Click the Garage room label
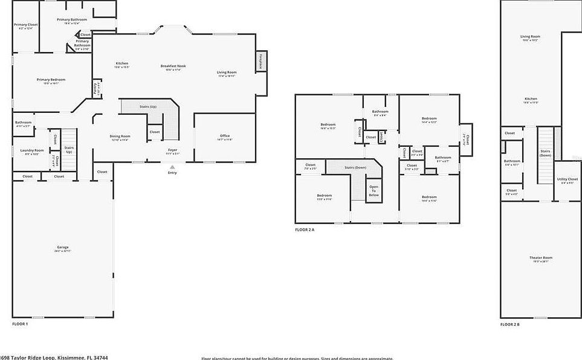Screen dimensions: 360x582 [x=63, y=248]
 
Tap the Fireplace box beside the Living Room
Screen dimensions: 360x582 [x=261, y=63]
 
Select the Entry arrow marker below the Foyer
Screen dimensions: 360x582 [x=173, y=167]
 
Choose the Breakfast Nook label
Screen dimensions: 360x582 [x=173, y=66]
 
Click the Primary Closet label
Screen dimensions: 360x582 [x=25, y=25]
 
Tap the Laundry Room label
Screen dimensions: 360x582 [x=31, y=150]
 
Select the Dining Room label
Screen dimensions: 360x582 [x=120, y=137]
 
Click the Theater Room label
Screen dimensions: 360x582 [x=540, y=259]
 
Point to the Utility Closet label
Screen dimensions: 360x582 [x=567, y=180]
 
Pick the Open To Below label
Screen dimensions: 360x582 [x=373, y=191]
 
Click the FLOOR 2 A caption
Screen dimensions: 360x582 [x=305, y=230]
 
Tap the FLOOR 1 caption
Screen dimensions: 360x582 [x=20, y=324]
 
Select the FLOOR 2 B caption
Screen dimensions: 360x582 [x=509, y=324]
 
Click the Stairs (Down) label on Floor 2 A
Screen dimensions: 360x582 [x=355, y=167]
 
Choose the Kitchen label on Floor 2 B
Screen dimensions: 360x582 [x=531, y=99]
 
